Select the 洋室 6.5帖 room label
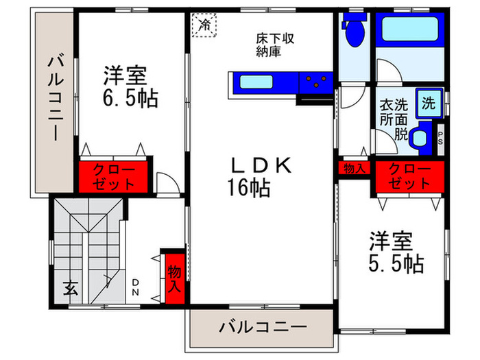pos(130,86)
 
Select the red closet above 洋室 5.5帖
pos(409,176)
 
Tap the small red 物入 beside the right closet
pos(354,168)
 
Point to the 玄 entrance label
pos(71,288)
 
